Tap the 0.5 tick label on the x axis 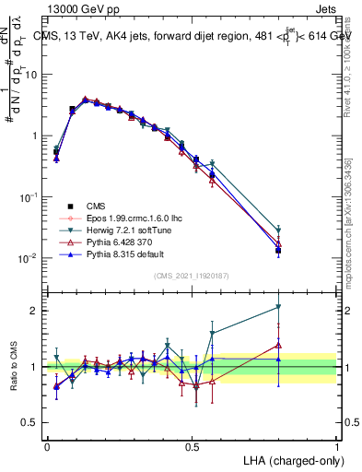point(192,445)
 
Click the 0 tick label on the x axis point(47,445)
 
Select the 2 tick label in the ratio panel point(35,311)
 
